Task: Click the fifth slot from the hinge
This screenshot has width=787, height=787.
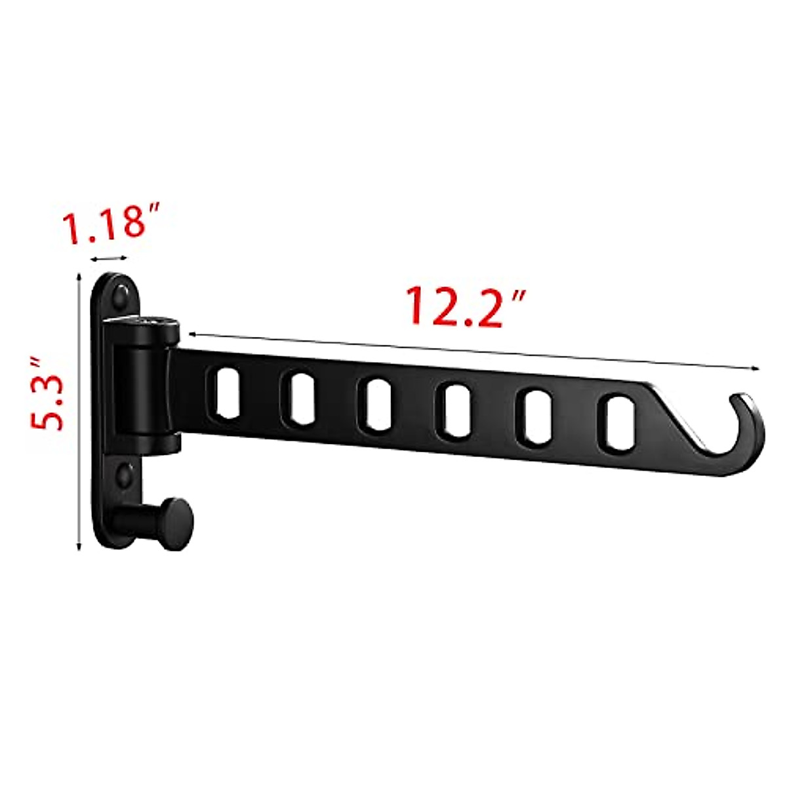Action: tap(537, 418)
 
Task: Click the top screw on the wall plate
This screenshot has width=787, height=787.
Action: tap(122, 295)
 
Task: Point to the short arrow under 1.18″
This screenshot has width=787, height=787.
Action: tap(110, 259)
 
